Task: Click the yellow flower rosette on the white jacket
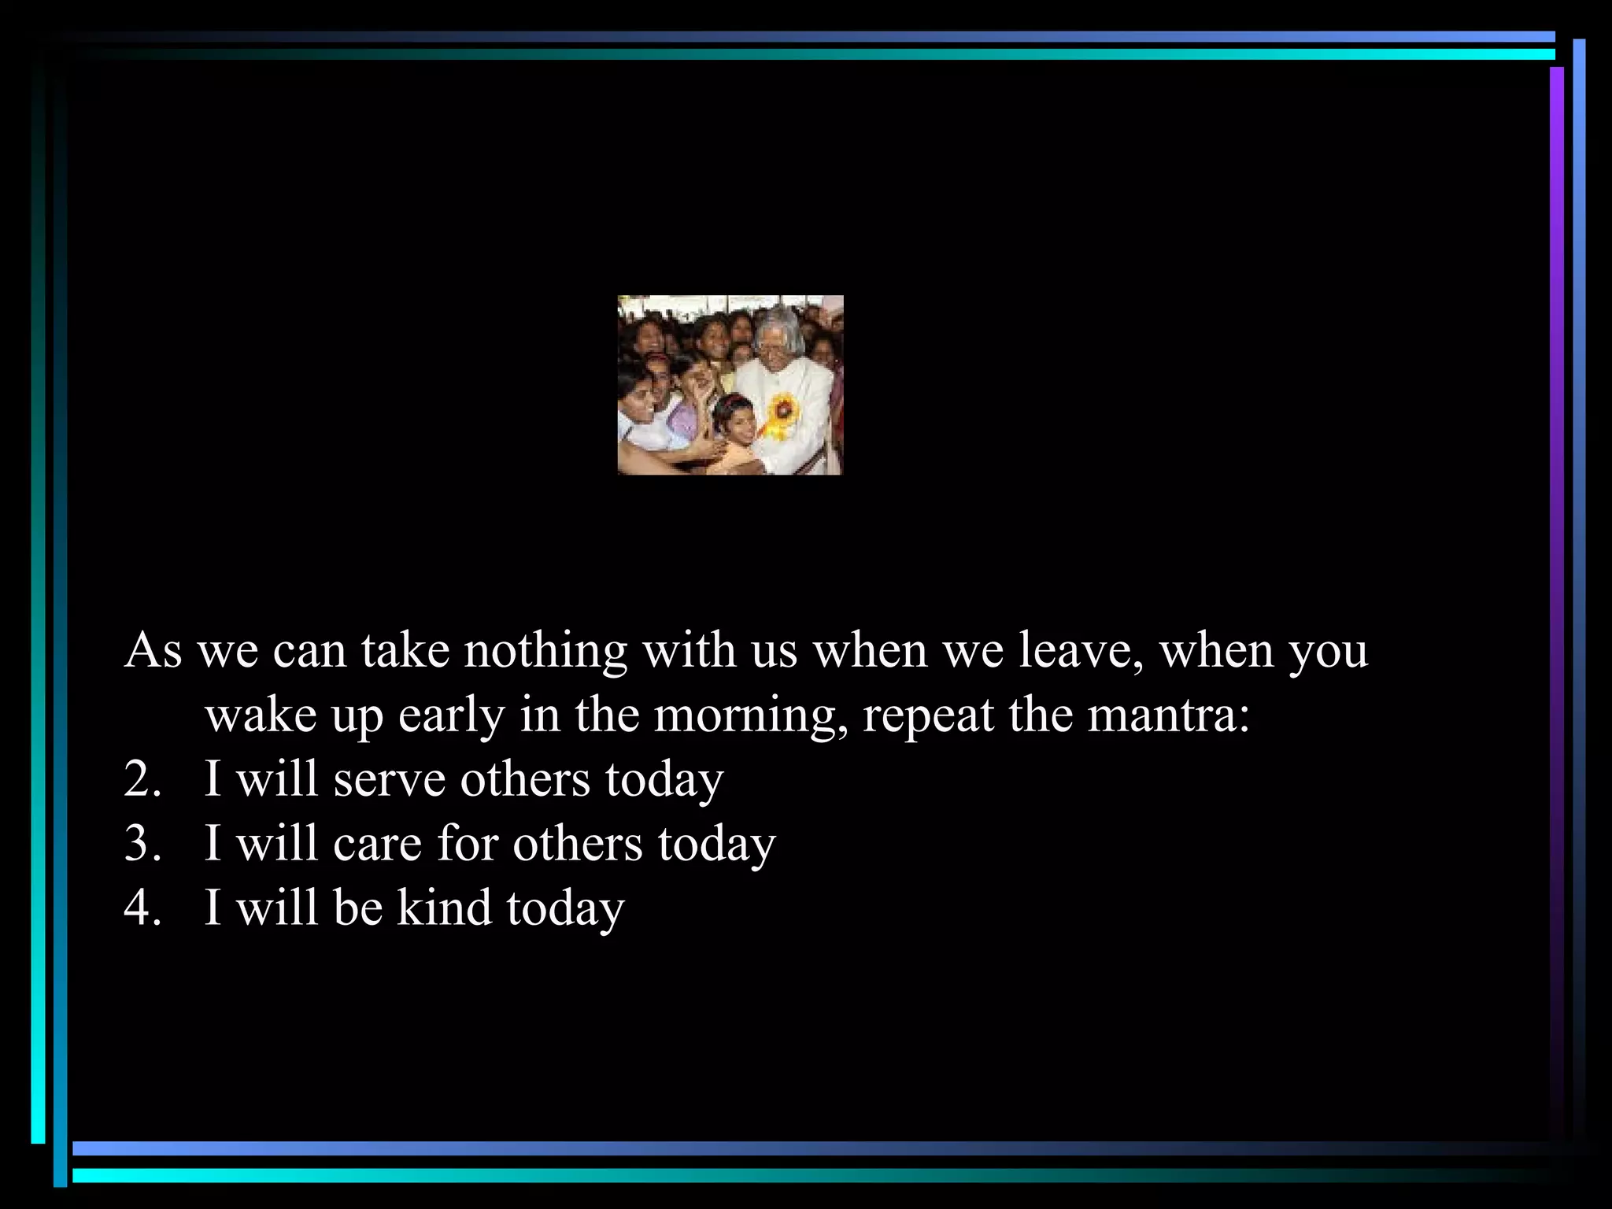pyautogui.click(x=782, y=410)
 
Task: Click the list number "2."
pyautogui.click(x=142, y=780)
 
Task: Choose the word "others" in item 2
pyautogui.click(x=525, y=780)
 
